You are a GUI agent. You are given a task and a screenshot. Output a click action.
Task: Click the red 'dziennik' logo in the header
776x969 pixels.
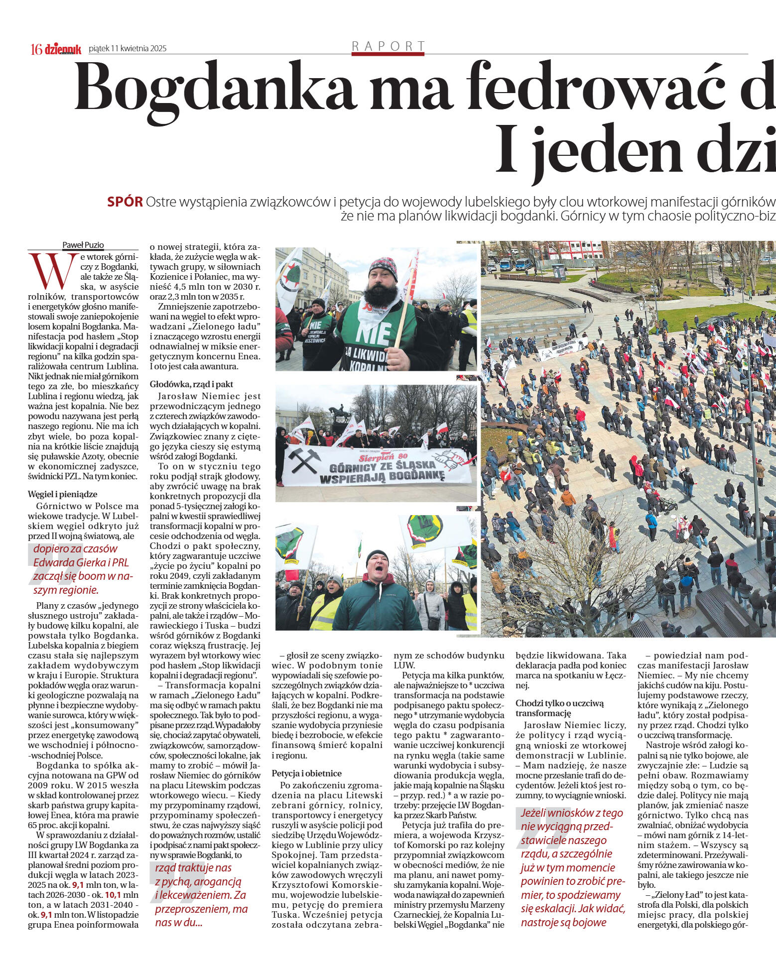(63, 49)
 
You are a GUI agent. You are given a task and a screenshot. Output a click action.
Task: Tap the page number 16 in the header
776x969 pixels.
(36, 49)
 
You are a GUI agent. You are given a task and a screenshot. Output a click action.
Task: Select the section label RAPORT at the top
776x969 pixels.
(388, 46)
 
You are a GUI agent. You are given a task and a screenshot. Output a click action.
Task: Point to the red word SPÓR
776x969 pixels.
(125, 202)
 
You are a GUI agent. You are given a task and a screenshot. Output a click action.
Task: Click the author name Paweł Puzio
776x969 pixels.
(83, 245)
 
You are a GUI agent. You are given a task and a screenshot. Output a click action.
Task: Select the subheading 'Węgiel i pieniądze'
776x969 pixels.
(62, 494)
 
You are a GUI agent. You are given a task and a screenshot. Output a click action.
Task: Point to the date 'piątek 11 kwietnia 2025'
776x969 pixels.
(128, 49)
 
